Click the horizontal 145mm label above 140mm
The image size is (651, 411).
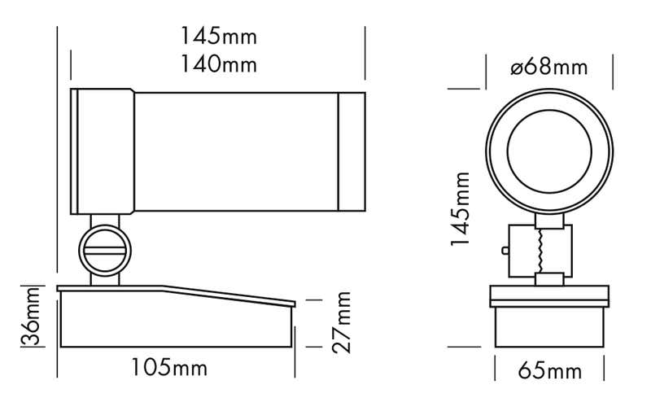pyautogui.click(x=218, y=37)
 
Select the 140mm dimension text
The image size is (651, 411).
pyautogui.click(x=218, y=64)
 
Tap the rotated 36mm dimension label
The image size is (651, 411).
pyautogui.click(x=30, y=317)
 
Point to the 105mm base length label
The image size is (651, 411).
pyautogui.click(x=169, y=368)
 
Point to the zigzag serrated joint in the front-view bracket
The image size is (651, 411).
pyautogui.click(x=538, y=250)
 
